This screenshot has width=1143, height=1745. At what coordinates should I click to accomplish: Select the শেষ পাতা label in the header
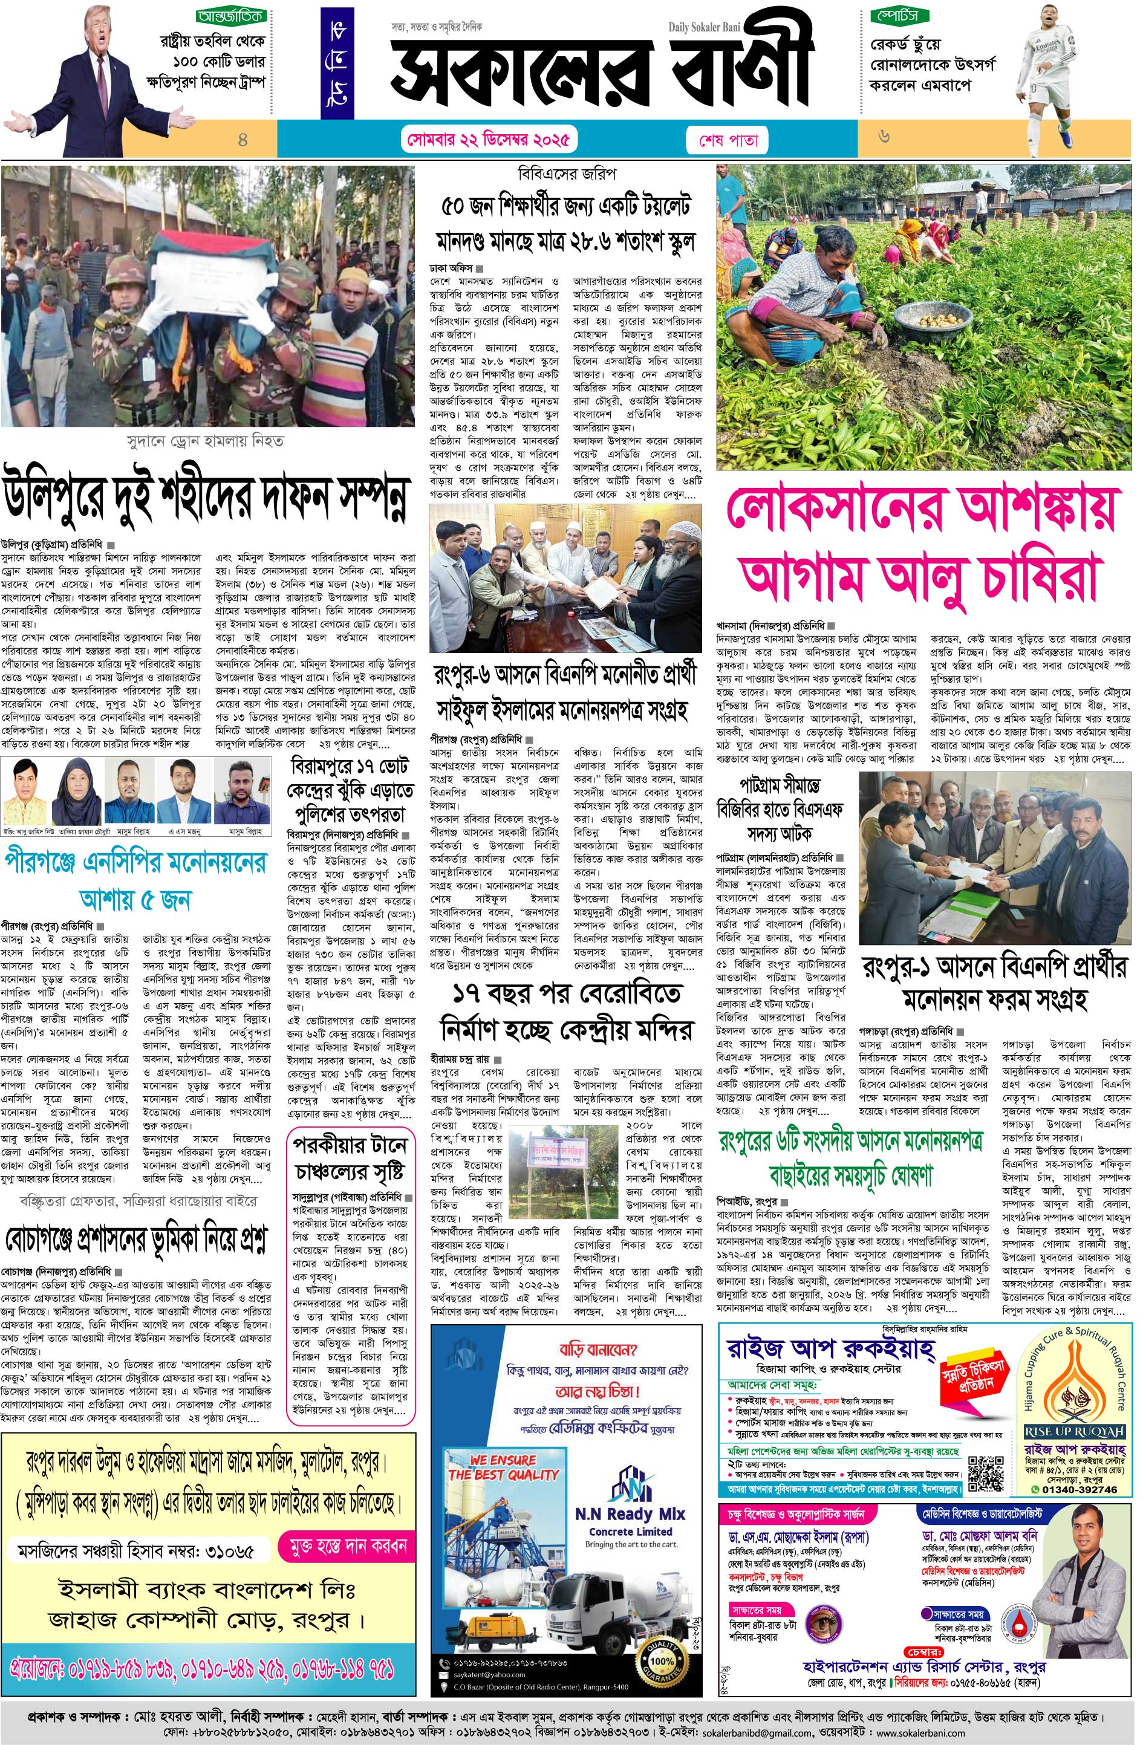(723, 139)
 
